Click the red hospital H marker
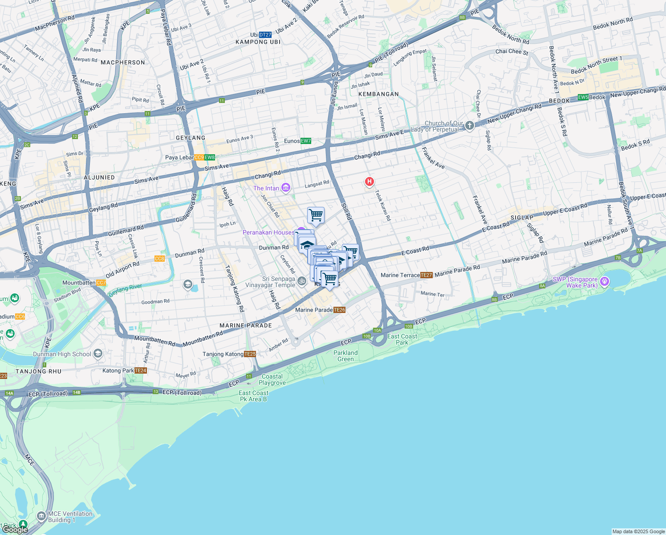point(369,181)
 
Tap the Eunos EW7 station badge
point(306,141)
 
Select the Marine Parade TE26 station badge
point(339,310)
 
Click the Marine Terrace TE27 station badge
point(426,275)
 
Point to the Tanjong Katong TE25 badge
point(250,354)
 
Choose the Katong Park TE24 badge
point(140,370)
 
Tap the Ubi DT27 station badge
point(265,35)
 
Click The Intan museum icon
point(286,188)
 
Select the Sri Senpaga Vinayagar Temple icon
point(302,280)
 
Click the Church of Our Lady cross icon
point(469,126)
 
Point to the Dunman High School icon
point(98,354)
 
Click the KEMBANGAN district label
point(378,94)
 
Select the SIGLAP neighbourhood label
point(522,218)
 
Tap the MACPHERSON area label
point(123,62)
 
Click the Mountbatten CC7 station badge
point(101,283)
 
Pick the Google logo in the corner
point(15,529)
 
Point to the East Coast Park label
point(402,339)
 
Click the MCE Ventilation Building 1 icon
point(41,516)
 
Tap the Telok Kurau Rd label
point(382,206)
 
